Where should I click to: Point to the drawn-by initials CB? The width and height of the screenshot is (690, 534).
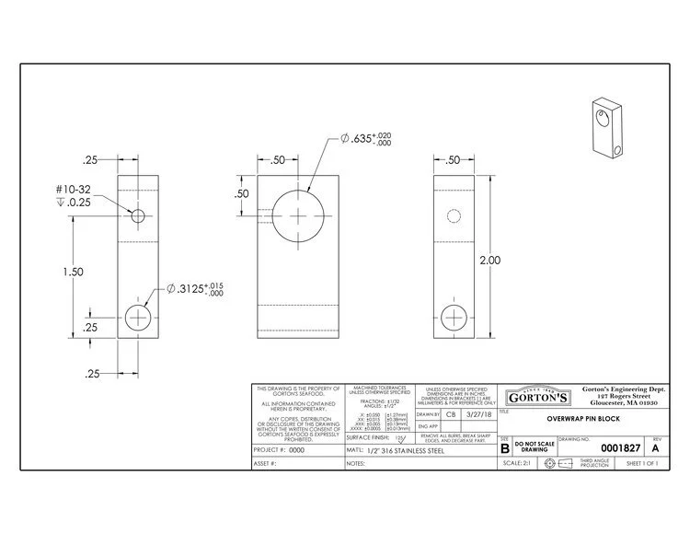tap(451, 415)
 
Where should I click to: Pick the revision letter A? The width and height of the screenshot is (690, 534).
tap(655, 448)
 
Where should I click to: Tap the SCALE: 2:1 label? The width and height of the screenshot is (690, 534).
tap(515, 464)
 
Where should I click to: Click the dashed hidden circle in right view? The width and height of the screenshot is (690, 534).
tap(452, 216)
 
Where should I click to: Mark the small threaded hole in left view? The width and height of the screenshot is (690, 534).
tap(138, 216)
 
